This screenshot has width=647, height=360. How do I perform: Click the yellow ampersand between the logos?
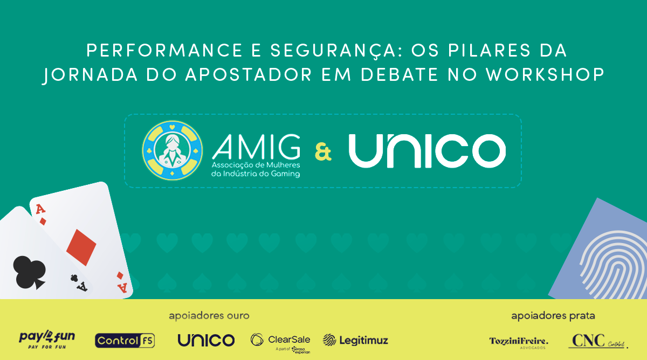coord(323,151)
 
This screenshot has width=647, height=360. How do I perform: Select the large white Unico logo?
coord(427,150)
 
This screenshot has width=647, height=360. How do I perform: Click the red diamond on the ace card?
coord(81,247)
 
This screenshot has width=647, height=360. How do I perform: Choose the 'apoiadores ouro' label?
coord(209,316)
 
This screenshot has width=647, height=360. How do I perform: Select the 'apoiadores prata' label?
coord(553,316)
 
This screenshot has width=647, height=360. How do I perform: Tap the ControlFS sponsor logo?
coord(125,340)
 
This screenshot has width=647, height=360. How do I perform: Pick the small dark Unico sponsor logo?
coord(206,340)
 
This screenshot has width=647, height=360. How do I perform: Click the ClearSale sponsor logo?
coord(280,341)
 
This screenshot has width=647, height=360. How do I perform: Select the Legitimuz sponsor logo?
coord(355,340)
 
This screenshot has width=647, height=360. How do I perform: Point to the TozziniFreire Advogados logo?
coord(518,342)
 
